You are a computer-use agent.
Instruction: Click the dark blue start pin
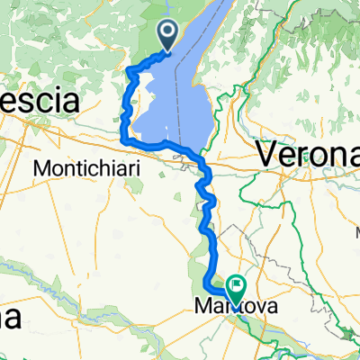(x=168, y=35)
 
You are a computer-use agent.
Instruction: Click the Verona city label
(x=308, y=153)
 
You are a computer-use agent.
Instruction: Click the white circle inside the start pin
(x=168, y=31)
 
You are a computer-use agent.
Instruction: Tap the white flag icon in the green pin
(x=237, y=285)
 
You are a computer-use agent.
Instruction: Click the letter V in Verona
(x=267, y=154)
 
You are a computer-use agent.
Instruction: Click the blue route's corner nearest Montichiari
(x=125, y=140)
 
